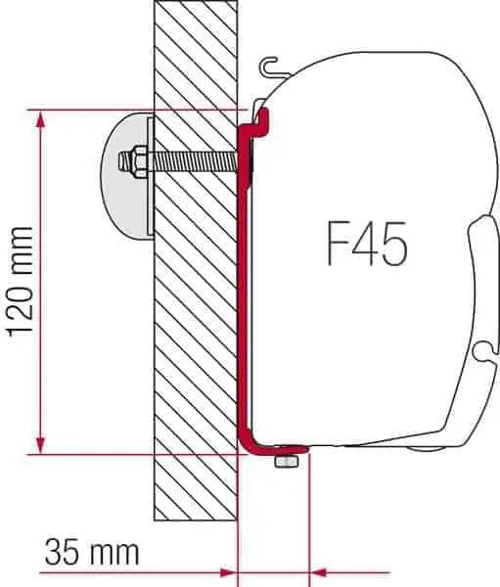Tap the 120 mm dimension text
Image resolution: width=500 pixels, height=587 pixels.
coord(22,284)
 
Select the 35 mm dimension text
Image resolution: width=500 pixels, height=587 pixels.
coord(91,553)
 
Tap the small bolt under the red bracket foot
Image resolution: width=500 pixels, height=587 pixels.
coord(286,461)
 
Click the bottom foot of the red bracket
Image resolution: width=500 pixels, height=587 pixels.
coord(279,449)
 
